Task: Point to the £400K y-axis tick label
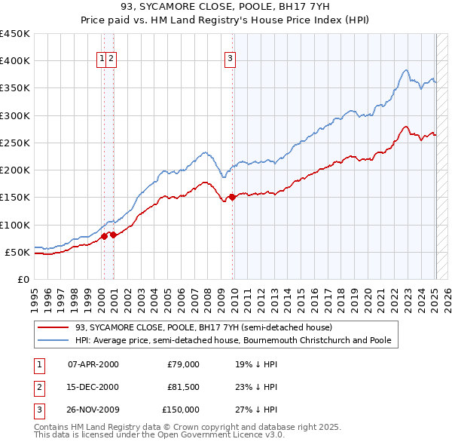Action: tap(15, 61)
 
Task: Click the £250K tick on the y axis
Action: tap(15, 143)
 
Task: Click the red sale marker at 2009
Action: tap(232, 198)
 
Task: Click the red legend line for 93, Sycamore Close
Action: tap(53, 328)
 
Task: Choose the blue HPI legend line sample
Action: tap(53, 340)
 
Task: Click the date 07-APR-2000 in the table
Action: tap(93, 364)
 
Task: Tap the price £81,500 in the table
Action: tap(184, 387)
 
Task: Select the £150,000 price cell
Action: tap(181, 410)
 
